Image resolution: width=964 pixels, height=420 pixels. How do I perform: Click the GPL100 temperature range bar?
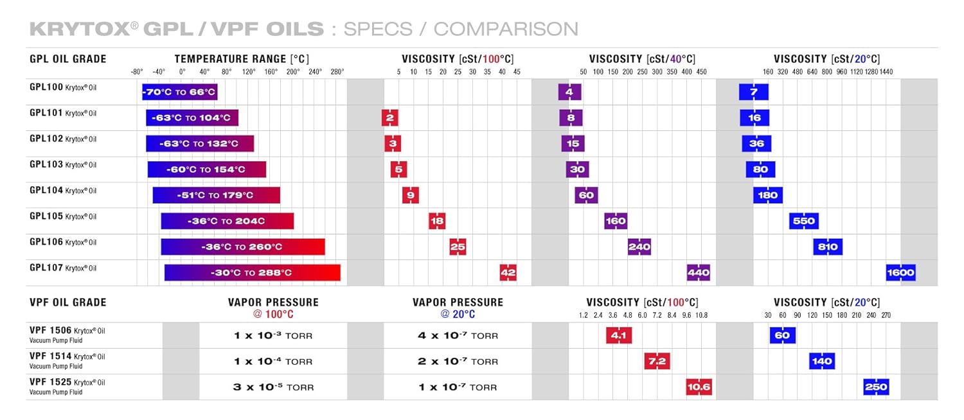pyautogui.click(x=179, y=92)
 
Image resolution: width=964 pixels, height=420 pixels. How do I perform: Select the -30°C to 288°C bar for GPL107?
pyautogui.click(x=252, y=272)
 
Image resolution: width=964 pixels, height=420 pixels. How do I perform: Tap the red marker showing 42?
pyautogui.click(x=508, y=272)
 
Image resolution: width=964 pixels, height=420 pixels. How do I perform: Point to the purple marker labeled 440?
pyautogui.click(x=698, y=272)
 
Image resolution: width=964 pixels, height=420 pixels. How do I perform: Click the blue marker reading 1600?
pyautogui.click(x=900, y=272)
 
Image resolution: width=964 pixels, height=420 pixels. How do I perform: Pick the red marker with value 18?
pyautogui.click(x=437, y=221)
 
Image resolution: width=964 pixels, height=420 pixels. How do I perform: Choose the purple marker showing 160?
pyautogui.click(x=616, y=221)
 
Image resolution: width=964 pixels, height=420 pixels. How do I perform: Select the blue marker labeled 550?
pyautogui.click(x=803, y=221)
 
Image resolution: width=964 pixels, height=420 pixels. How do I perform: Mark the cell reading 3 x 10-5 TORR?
pyautogui.click(x=273, y=387)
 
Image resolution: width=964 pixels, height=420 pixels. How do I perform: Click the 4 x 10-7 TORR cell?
pyautogui.click(x=458, y=335)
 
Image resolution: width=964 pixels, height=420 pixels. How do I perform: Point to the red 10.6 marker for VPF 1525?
pyautogui.click(x=699, y=387)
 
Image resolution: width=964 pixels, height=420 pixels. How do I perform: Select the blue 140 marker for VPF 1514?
pyautogui.click(x=822, y=361)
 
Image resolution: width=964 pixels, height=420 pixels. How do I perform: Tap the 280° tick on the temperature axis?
pyautogui.click(x=337, y=72)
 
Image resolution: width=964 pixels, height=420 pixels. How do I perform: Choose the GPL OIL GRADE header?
pyautogui.click(x=68, y=59)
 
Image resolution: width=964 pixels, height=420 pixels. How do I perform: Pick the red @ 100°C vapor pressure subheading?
pyautogui.click(x=273, y=314)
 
